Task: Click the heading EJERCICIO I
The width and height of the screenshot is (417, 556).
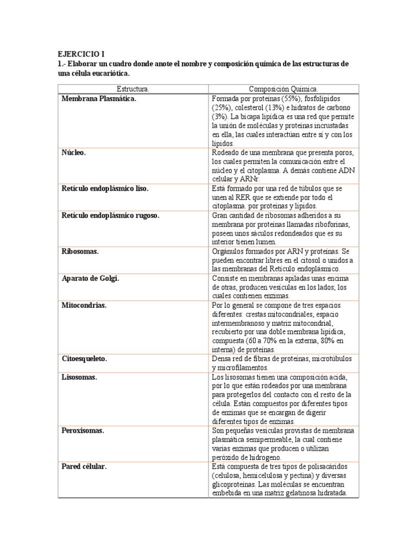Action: point(81,54)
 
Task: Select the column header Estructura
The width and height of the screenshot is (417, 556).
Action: point(133,89)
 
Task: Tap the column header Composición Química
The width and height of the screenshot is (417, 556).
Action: point(283,89)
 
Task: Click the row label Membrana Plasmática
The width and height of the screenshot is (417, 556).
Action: point(99,99)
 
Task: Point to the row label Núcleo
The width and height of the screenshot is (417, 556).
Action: point(74,153)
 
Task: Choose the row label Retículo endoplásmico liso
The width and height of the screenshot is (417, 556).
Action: point(105,188)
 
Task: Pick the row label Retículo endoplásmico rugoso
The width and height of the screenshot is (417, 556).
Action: point(110,216)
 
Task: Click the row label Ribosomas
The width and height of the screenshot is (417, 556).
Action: point(80,251)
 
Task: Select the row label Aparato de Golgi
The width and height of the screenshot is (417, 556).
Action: point(90,278)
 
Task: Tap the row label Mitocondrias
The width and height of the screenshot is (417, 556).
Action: point(84,305)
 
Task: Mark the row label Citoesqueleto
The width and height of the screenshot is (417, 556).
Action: point(84,359)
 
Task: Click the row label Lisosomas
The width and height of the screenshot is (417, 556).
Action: point(79,377)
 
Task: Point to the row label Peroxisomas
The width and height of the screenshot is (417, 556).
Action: point(83,431)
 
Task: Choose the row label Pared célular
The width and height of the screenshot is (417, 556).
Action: point(84,466)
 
